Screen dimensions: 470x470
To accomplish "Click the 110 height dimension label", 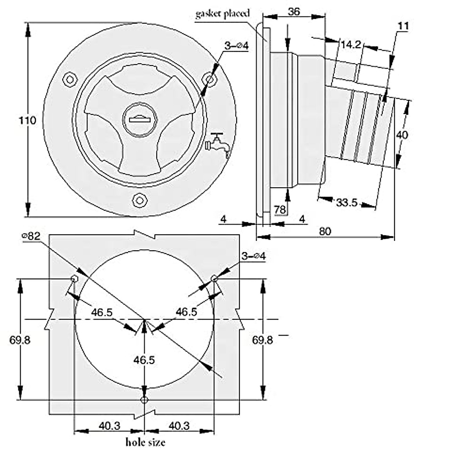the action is [27, 121].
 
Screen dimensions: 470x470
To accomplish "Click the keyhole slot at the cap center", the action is [139, 119].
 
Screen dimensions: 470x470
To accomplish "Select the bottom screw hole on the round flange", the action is [139, 200].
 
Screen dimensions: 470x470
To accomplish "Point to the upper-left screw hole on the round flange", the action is [70, 80].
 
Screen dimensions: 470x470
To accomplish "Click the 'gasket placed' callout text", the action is [222, 14].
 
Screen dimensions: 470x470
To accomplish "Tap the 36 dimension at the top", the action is [294, 11].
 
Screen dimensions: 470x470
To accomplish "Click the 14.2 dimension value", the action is [351, 45].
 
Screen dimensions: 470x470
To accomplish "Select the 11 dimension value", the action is [403, 26].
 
